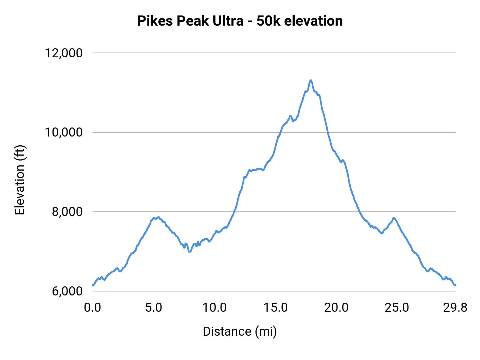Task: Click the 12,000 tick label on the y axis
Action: pyautogui.click(x=63, y=53)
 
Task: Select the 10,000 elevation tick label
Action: pyautogui.click(x=63, y=132)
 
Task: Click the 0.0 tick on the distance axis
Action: pyautogui.click(x=92, y=308)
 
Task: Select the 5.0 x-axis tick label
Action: pyautogui.click(x=154, y=308)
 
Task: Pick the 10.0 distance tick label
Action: pyautogui.click(x=214, y=308)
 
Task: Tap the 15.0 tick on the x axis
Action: pyautogui.click(x=275, y=308)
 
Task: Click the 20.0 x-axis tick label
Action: pyautogui.click(x=336, y=308)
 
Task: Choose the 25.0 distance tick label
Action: pyautogui.click(x=397, y=308)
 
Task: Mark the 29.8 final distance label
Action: pyautogui.click(x=455, y=308)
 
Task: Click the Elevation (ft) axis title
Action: pyautogui.click(x=20, y=180)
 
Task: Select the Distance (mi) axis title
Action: pyautogui.click(x=240, y=331)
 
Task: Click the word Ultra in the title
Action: pyautogui.click(x=228, y=21)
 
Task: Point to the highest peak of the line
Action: pyautogui.click(x=311, y=80)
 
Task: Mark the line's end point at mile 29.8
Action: pyautogui.click(x=455, y=285)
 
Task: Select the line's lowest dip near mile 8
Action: pyautogui.click(x=190, y=251)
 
